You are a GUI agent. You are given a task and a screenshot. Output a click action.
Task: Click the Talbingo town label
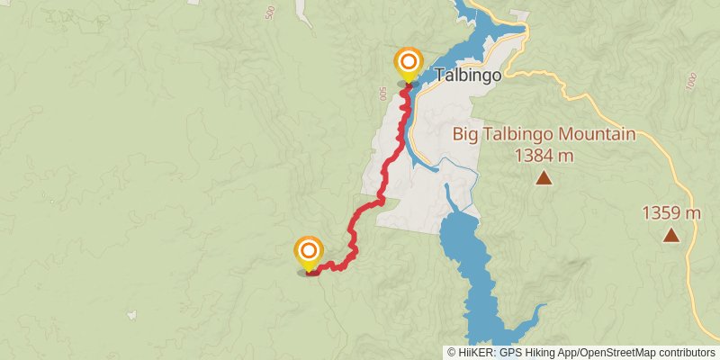point(468,76)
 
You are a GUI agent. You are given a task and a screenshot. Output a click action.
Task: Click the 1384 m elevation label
point(544,155)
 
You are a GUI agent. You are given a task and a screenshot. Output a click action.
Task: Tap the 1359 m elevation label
point(670,213)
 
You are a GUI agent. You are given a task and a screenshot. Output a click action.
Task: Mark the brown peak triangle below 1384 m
point(544,177)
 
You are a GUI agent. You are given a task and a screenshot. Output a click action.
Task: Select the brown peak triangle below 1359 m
point(670,236)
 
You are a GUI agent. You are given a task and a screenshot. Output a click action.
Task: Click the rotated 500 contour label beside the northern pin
point(383,94)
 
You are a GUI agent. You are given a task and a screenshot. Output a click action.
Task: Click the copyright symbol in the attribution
point(451,353)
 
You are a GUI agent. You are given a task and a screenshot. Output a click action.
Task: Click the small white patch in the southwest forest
point(131,315)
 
